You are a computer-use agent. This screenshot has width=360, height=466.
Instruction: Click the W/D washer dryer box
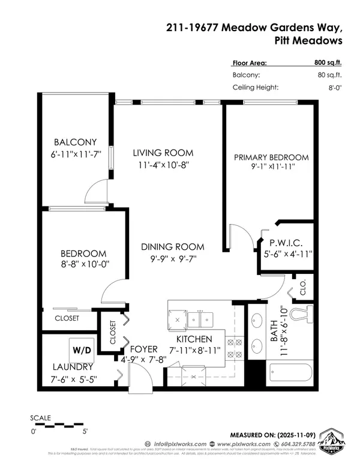pyautogui.click(x=79, y=348)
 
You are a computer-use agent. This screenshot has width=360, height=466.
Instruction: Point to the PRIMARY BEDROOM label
pyautogui.click(x=271, y=157)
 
